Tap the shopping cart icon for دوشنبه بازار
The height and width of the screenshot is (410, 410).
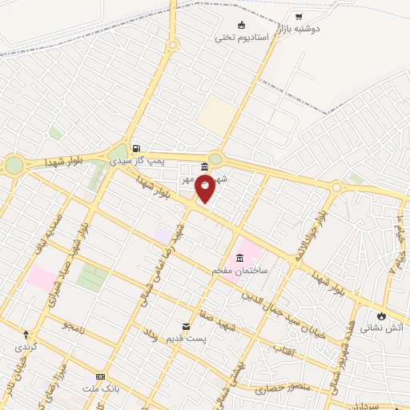(299, 16)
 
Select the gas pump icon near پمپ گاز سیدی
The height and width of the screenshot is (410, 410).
(136, 148)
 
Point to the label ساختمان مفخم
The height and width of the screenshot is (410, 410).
(238, 271)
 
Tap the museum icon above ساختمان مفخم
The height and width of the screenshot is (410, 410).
(238, 259)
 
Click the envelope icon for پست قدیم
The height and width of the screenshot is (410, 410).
(187, 327)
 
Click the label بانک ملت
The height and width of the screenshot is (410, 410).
(99, 388)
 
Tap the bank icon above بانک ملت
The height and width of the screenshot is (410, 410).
(100, 376)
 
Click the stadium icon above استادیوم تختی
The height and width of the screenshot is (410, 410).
(243, 24)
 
